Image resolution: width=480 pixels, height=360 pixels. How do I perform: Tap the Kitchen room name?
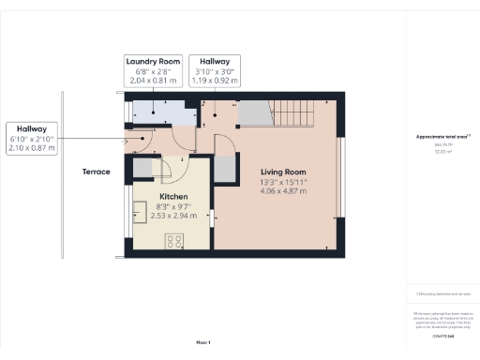coord(160,196)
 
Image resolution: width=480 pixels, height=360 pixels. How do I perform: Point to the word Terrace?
coord(96,172)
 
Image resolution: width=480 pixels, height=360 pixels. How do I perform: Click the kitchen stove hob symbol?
coord(174,241)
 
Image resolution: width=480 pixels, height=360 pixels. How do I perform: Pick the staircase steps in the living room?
coord(292,113)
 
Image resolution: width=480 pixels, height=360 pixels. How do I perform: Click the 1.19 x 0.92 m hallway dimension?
coord(215,81)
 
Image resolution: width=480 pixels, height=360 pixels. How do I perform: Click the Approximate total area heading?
coord(442,137)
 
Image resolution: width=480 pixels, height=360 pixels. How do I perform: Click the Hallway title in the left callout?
coord(31,128)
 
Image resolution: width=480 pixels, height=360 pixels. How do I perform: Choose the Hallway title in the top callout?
coord(215,61)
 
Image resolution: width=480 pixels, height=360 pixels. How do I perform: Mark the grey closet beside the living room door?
coord(226,169)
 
